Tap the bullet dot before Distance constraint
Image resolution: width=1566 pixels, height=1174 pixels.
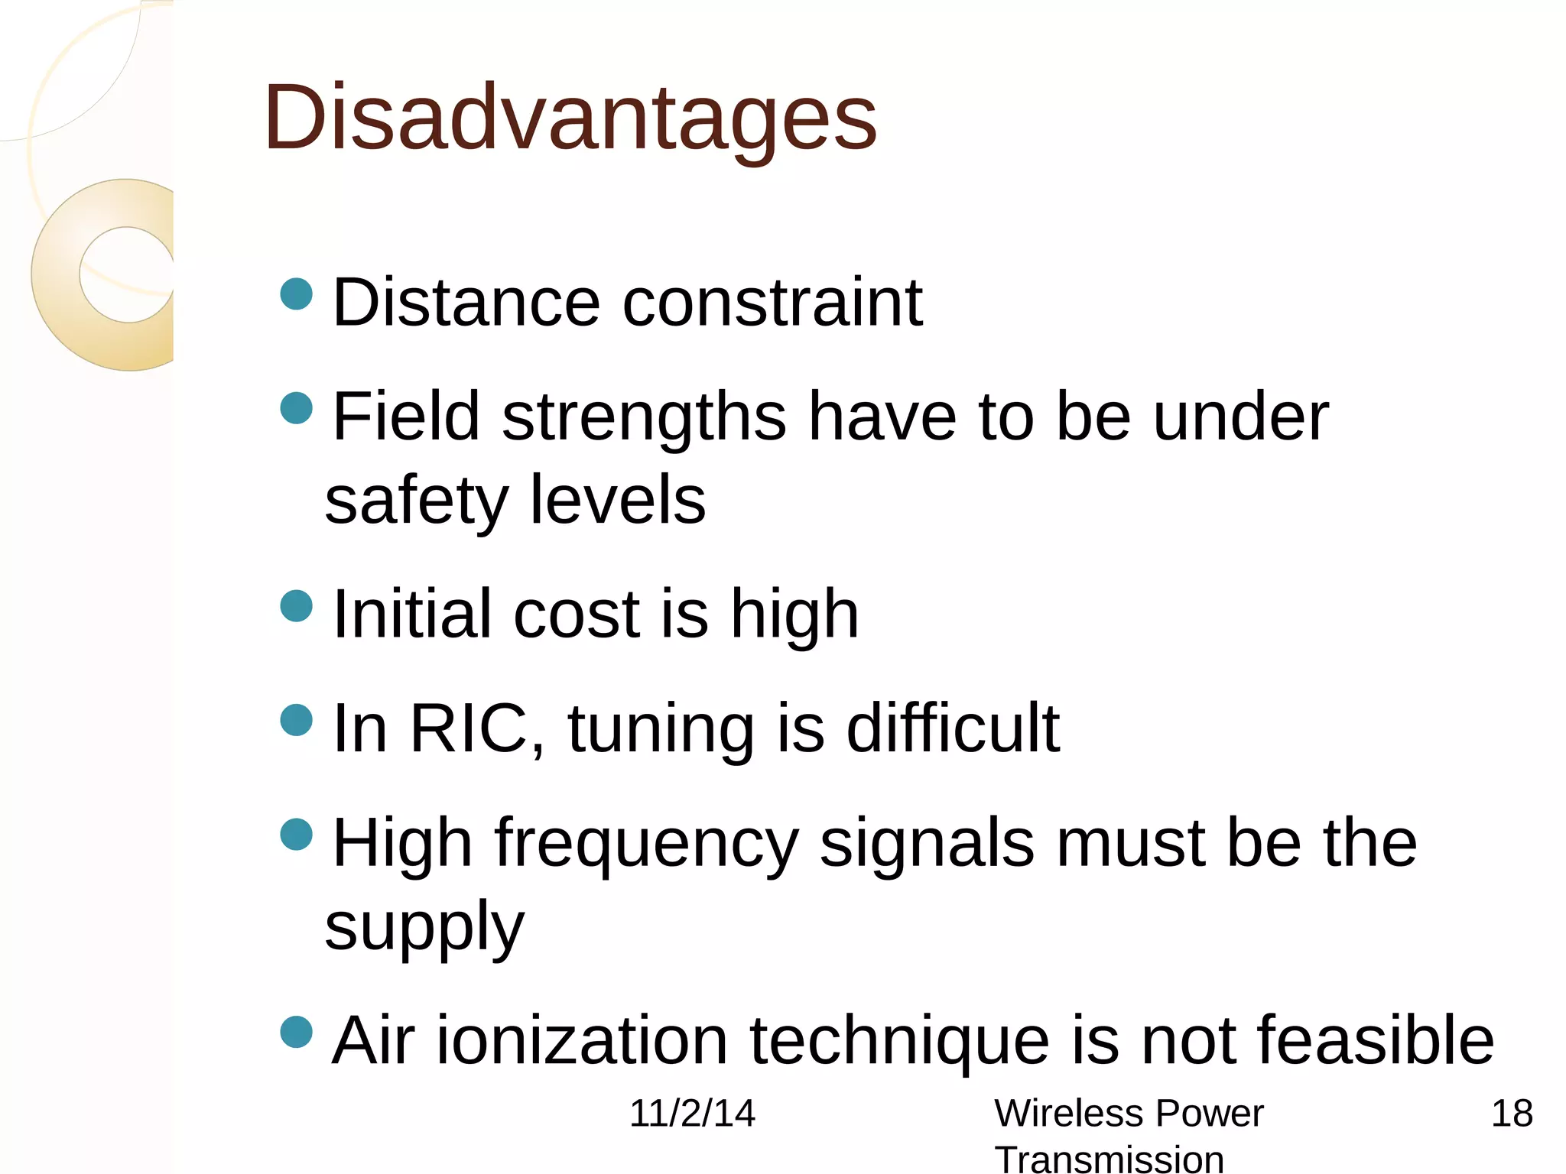pos(297,294)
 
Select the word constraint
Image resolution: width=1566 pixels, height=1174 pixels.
pos(772,303)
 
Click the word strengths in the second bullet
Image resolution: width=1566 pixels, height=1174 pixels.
pos(644,417)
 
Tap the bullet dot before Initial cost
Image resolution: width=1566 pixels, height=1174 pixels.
pos(297,606)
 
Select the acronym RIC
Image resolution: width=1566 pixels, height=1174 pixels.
pos(468,728)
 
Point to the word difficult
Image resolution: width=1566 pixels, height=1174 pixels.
pos(953,728)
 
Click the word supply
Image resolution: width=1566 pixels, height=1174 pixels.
pos(424,926)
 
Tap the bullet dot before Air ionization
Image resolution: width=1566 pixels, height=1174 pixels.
pos(297,1032)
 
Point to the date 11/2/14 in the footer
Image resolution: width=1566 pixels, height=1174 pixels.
pos(692,1113)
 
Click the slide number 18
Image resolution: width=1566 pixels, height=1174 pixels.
pos(1512,1113)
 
